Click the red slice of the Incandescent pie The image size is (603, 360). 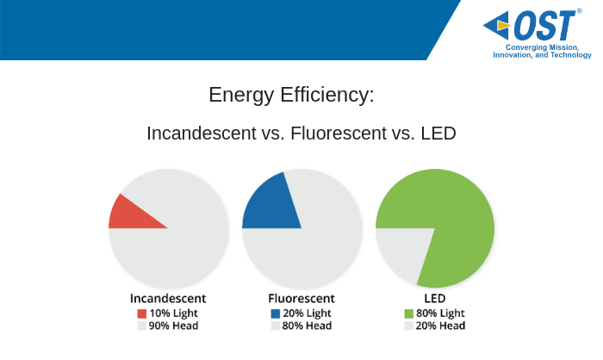(x=130, y=215)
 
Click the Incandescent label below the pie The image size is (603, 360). (x=168, y=299)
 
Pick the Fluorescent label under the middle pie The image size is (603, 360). (x=301, y=299)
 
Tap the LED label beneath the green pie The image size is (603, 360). (x=435, y=299)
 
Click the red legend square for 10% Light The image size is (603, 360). (x=142, y=313)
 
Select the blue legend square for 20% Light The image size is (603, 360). (x=276, y=313)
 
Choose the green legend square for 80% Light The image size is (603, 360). (x=409, y=313)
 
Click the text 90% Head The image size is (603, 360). (x=173, y=326)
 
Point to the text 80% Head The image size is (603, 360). (x=307, y=326)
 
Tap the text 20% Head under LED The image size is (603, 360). (x=440, y=326)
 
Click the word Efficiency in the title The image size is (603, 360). (x=327, y=95)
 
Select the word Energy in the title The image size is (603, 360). (x=241, y=96)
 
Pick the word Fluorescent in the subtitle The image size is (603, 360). (x=339, y=133)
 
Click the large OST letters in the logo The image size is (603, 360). (x=545, y=25)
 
